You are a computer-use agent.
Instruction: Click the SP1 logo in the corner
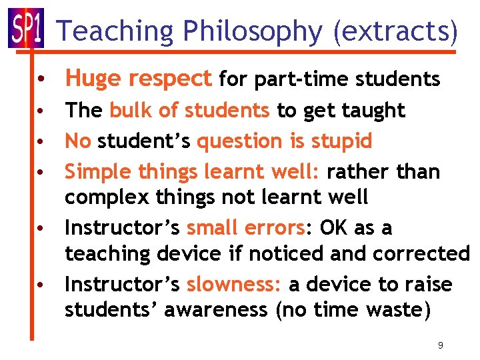(x=25, y=28)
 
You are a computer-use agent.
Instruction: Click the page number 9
(x=440, y=345)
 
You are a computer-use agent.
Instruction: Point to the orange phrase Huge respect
(x=138, y=79)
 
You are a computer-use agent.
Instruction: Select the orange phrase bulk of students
(x=189, y=111)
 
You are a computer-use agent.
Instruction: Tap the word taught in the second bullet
(x=376, y=111)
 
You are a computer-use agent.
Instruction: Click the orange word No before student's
(x=77, y=141)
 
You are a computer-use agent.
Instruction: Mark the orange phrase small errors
(x=245, y=228)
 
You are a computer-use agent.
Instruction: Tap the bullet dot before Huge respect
(x=42, y=80)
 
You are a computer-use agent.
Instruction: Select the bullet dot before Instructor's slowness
(x=42, y=285)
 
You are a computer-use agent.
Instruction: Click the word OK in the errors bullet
(x=335, y=228)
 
